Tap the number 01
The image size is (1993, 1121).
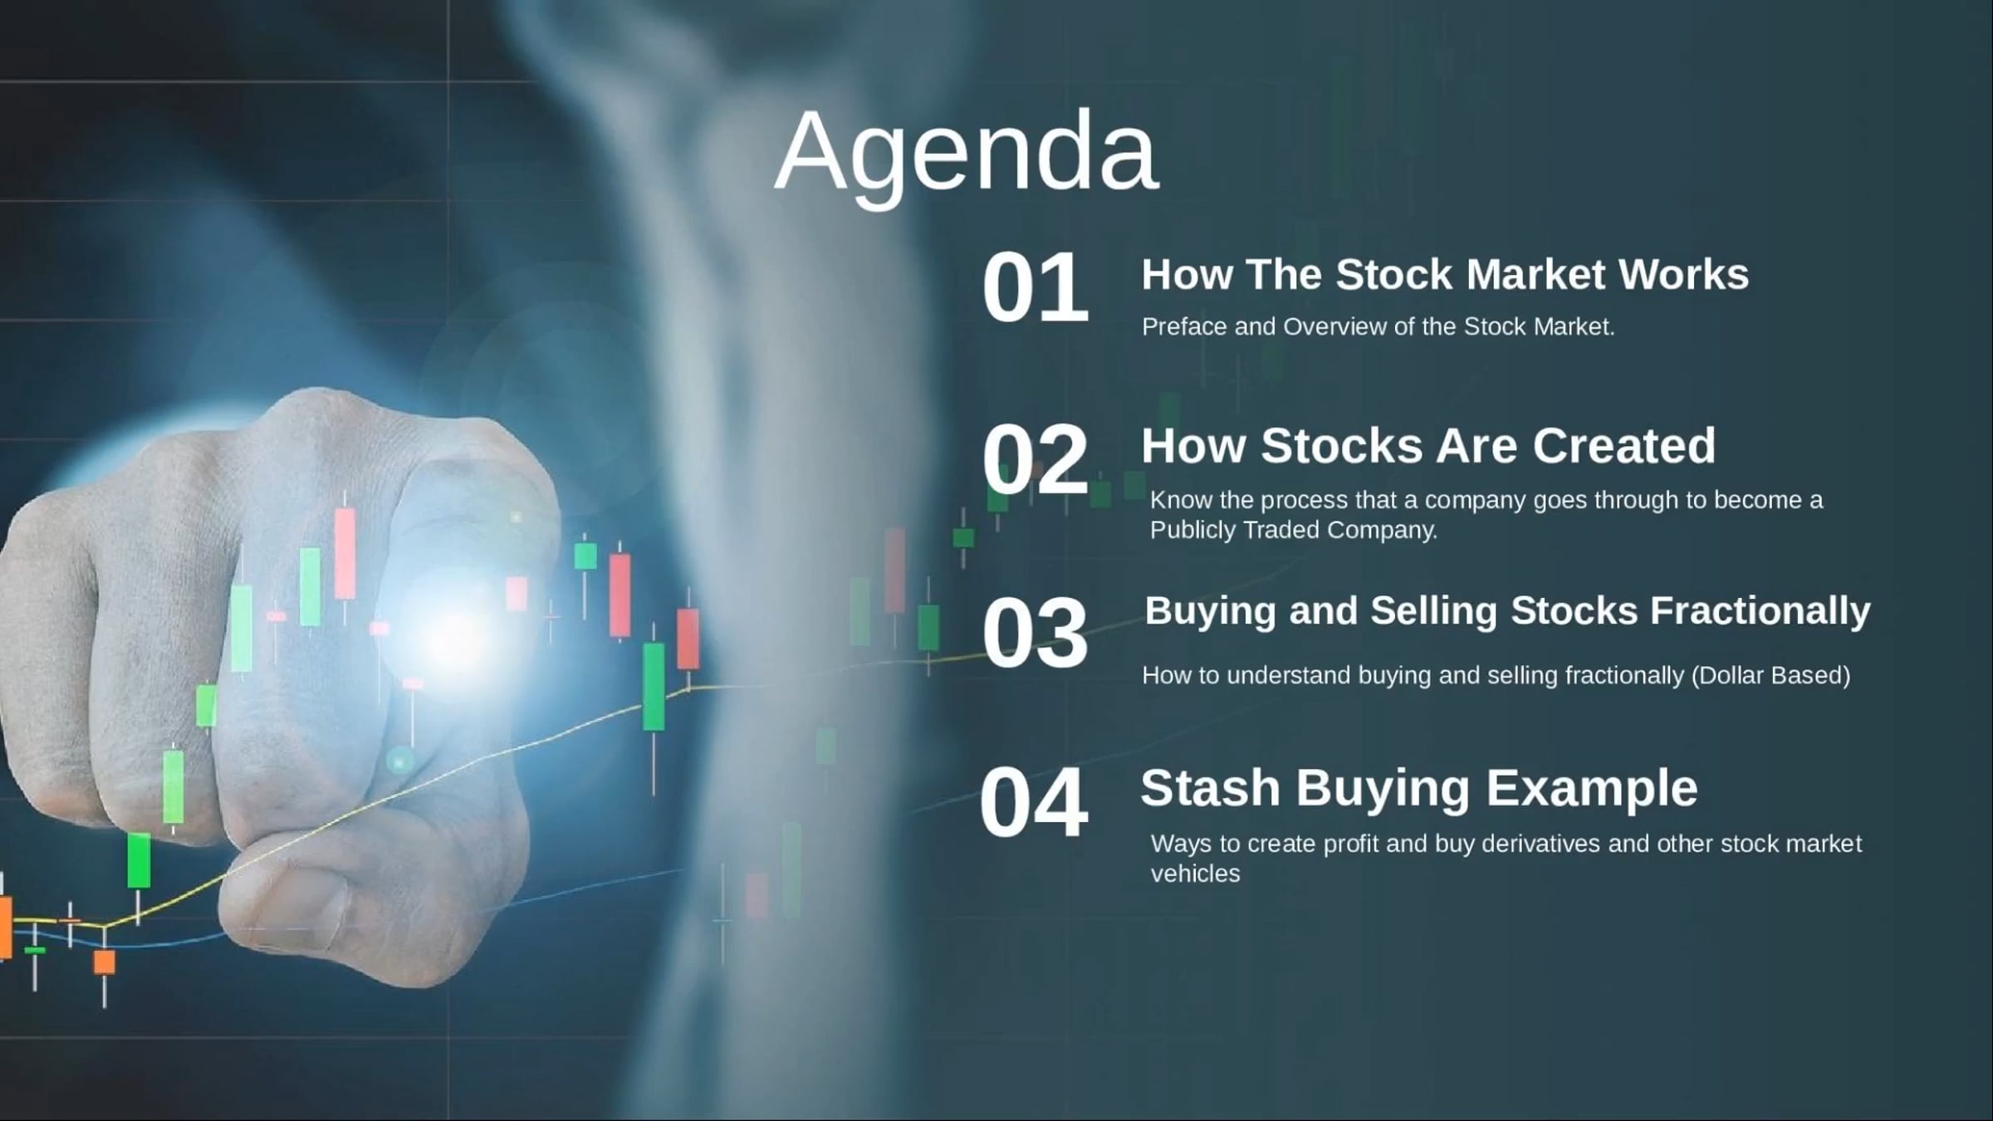tap(1035, 288)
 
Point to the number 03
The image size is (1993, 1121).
tap(1035, 634)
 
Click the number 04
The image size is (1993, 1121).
tap(1034, 804)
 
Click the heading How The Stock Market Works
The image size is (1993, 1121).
tap(1445, 275)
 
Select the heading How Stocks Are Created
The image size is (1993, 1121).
tap(1428, 446)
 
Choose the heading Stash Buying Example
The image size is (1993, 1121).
tap(1418, 787)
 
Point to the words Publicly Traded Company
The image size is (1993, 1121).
tap(1293, 530)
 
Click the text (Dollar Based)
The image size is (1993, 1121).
tap(1770, 675)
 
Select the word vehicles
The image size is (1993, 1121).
tap(1195, 874)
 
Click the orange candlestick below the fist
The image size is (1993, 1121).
tap(105, 962)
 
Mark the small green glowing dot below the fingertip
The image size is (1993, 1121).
tap(400, 760)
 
